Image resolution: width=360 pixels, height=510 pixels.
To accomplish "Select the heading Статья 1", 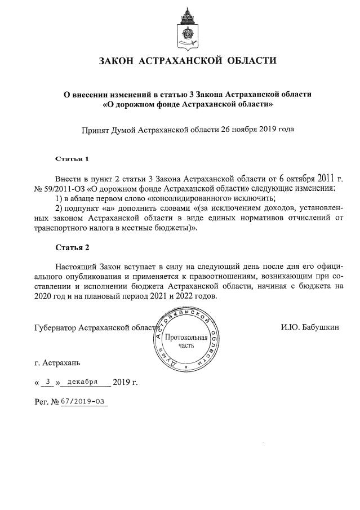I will pyautogui.click(x=72, y=158).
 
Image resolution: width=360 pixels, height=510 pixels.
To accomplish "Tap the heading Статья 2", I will pyautogui.click(x=72, y=247).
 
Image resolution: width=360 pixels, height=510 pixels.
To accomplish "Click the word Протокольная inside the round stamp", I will pyautogui.click(x=186, y=338).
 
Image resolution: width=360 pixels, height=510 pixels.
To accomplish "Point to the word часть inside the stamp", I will pyautogui.click(x=186, y=346).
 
